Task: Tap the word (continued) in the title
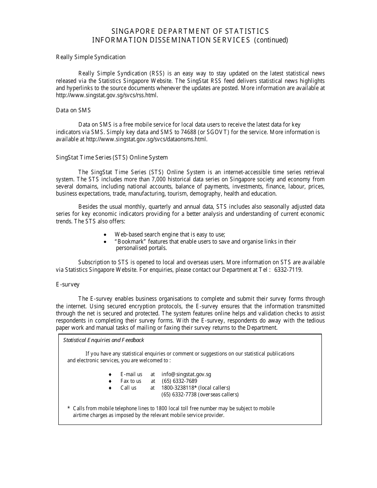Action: click(x=271, y=40)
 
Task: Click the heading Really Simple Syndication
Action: click(x=90, y=57)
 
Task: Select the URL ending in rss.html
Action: click(x=107, y=95)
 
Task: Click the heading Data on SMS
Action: click(x=73, y=110)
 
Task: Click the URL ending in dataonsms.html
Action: click(x=146, y=139)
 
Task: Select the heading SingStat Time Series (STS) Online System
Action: click(x=112, y=158)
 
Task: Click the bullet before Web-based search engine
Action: click(x=105, y=235)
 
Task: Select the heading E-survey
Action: click(x=68, y=284)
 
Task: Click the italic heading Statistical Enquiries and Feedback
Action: click(x=104, y=340)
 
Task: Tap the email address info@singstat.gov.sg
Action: click(x=186, y=374)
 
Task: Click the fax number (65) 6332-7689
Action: click(x=179, y=381)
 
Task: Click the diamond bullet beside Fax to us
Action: click(x=110, y=381)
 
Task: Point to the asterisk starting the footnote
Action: click(x=69, y=408)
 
